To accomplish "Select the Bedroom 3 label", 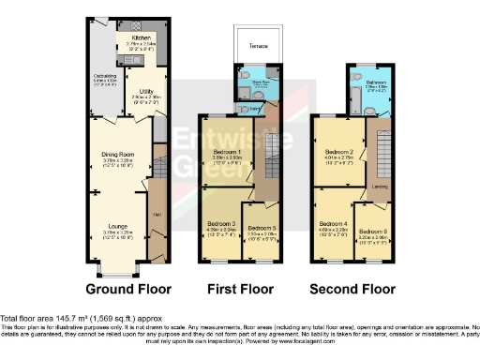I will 220,221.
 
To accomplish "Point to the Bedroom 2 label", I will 338,150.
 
